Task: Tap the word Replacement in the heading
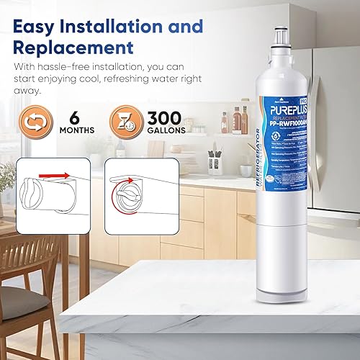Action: [73, 48]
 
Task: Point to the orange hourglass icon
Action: [125, 122]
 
